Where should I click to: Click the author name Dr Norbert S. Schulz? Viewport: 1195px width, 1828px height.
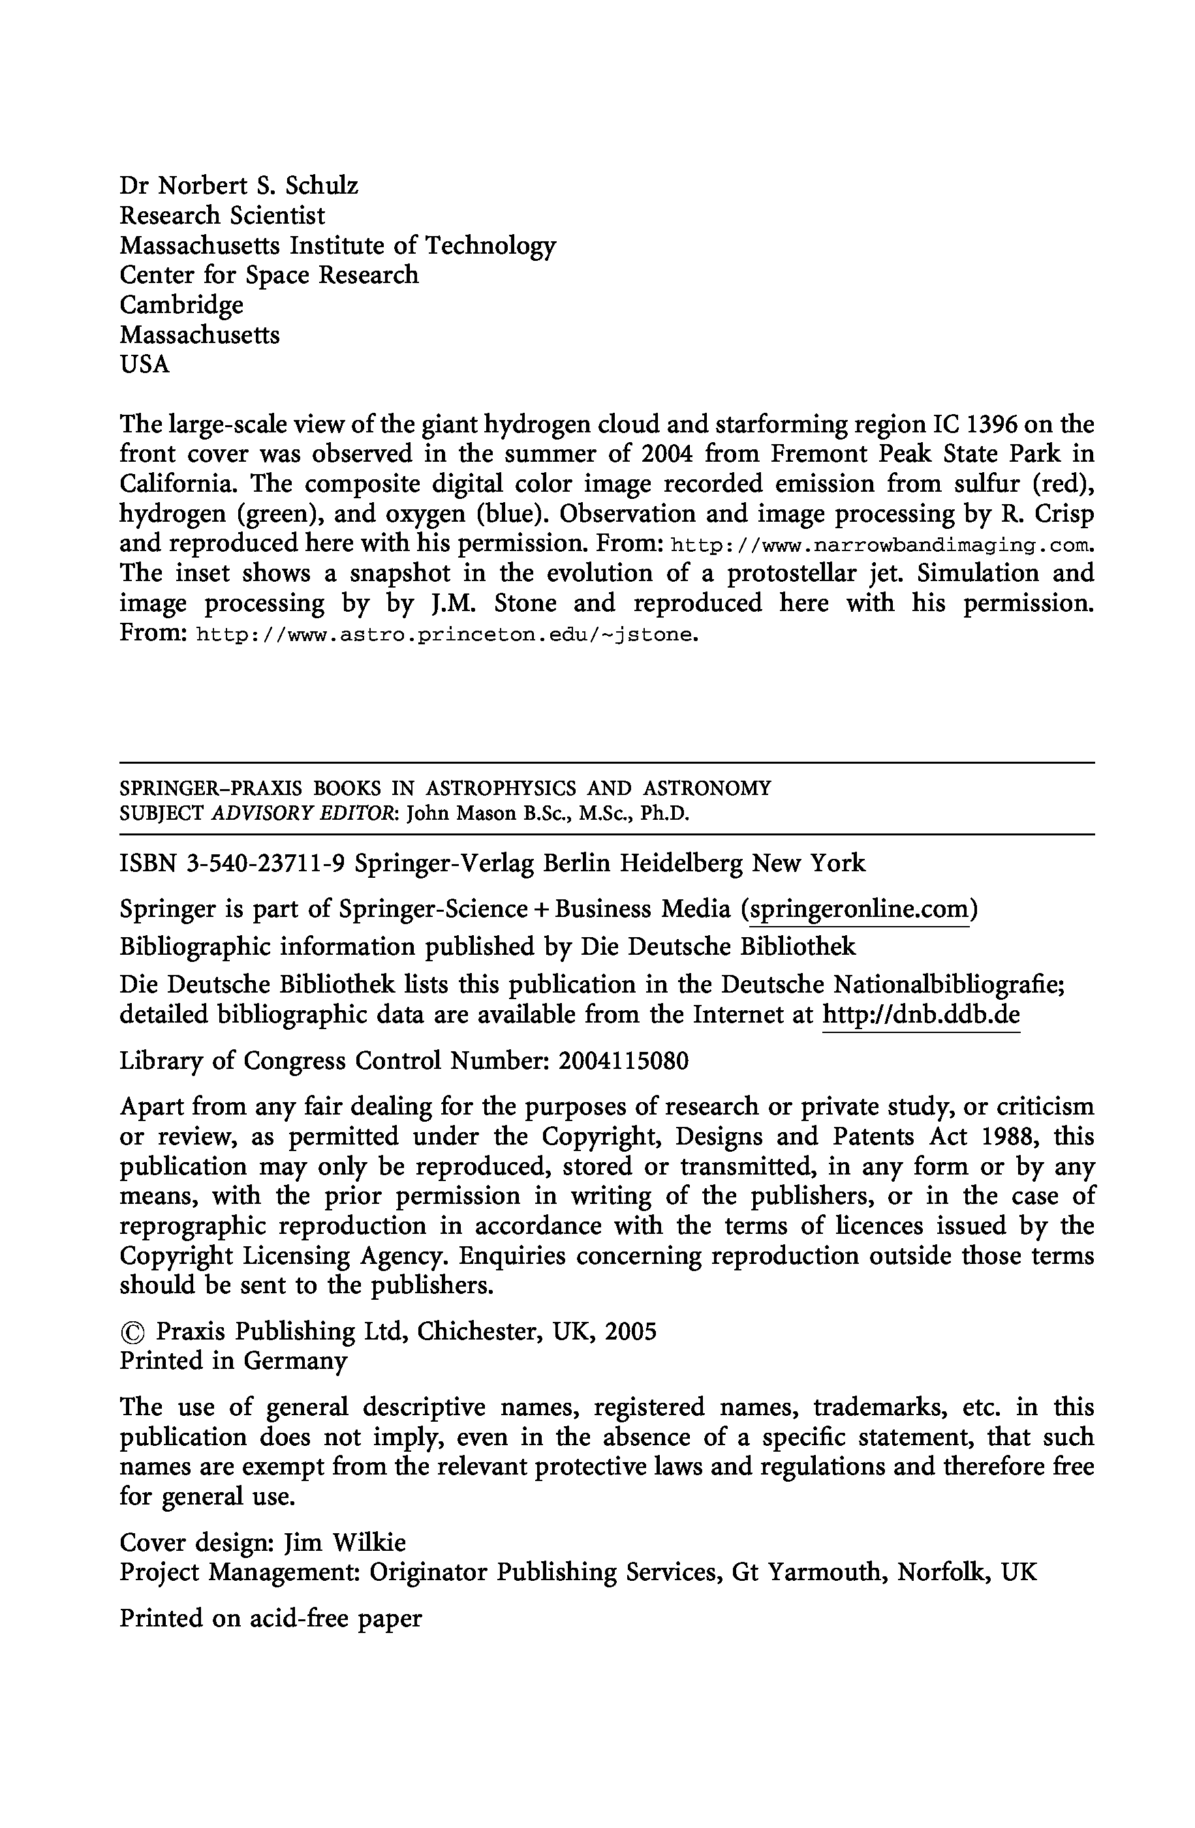coord(238,186)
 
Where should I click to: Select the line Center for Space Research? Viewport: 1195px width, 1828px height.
coord(269,275)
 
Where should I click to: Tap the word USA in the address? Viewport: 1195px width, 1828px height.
coord(144,364)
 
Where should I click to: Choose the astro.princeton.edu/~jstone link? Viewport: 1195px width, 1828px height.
coord(447,635)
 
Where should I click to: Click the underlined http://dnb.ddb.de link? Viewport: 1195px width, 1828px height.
coord(921,1015)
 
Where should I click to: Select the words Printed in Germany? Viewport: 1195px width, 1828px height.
coord(234,1361)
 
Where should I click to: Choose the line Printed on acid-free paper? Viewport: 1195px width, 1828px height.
coord(270,1618)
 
